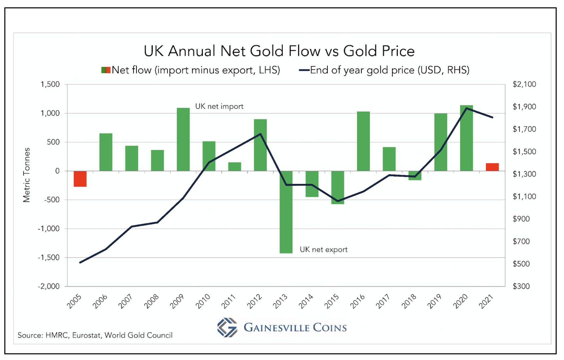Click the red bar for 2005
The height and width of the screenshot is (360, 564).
80,179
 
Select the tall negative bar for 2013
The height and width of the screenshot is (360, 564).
286,212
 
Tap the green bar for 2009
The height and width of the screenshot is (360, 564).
183,139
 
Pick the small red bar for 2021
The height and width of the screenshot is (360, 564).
492,167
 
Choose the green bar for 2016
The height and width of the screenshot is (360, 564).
363,141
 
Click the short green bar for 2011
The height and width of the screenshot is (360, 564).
235,167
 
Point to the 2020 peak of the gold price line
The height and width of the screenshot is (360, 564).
466,108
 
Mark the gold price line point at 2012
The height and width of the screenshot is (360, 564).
260,134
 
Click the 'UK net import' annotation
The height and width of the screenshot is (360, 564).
219,107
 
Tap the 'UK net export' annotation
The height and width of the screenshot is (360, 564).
323,249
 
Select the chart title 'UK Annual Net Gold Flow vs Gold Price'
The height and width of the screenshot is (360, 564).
279,51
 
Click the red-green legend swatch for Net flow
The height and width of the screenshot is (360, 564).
106,70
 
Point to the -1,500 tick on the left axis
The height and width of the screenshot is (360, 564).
49,257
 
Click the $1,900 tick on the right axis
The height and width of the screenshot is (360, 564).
524,107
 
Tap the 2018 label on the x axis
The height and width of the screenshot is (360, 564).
409,301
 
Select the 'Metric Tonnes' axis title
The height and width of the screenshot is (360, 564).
27,175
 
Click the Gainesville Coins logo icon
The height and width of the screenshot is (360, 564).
227,327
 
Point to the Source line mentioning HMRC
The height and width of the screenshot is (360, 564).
95,335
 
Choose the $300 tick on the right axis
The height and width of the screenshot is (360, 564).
521,286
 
